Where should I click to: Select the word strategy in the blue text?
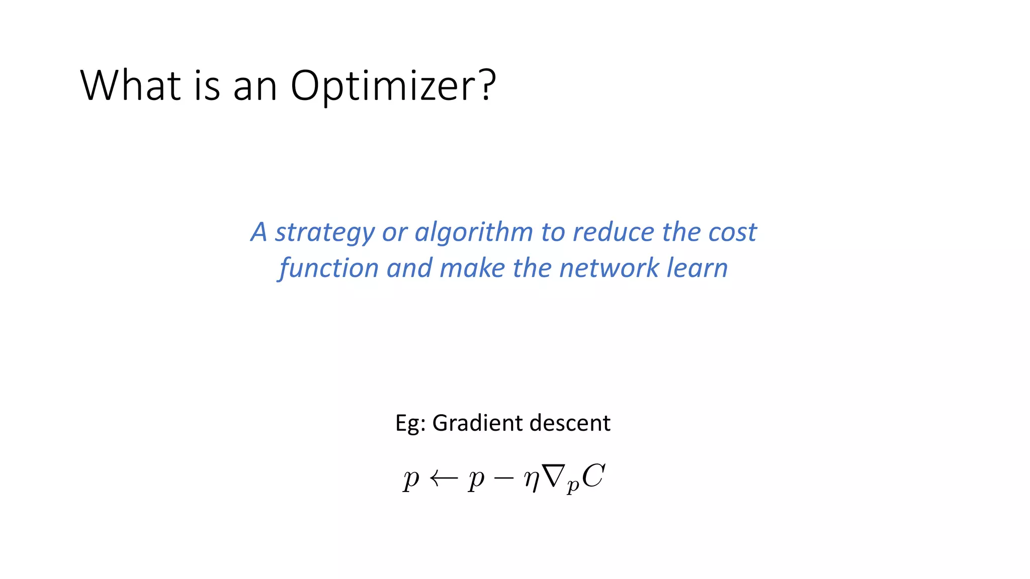point(324,233)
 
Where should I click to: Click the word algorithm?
point(473,233)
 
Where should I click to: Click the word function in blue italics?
point(328,268)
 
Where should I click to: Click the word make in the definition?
point(472,268)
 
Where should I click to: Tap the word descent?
point(570,423)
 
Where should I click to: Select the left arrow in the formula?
point(444,478)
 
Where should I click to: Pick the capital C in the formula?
point(593,475)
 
